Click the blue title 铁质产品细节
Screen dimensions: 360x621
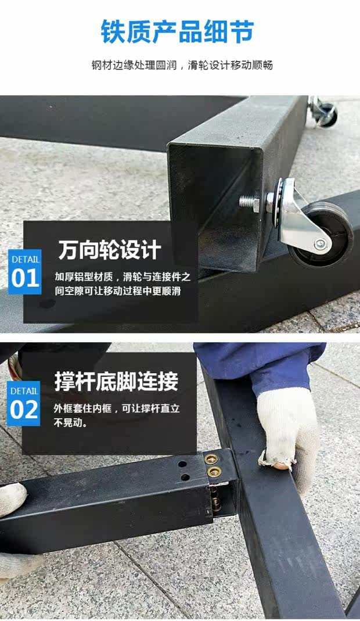point(177,31)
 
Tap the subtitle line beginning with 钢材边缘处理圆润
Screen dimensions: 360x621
point(182,65)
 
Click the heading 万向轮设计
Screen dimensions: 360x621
point(110,250)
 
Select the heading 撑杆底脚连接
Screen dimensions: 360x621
point(116,381)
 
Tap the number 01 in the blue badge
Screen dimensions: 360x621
point(25,278)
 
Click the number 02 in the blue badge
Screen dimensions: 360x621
point(24,410)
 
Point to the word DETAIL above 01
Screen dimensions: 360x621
point(26,260)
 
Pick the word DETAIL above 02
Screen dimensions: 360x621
point(24,391)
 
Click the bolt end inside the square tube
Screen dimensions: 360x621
point(249,203)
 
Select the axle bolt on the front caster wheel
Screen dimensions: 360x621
point(321,243)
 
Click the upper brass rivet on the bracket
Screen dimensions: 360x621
point(211,459)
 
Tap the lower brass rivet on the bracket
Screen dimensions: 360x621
point(215,471)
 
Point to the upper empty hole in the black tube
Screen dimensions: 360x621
point(182,464)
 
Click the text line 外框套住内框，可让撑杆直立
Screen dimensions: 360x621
point(117,408)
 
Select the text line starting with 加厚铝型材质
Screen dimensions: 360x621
point(123,277)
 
